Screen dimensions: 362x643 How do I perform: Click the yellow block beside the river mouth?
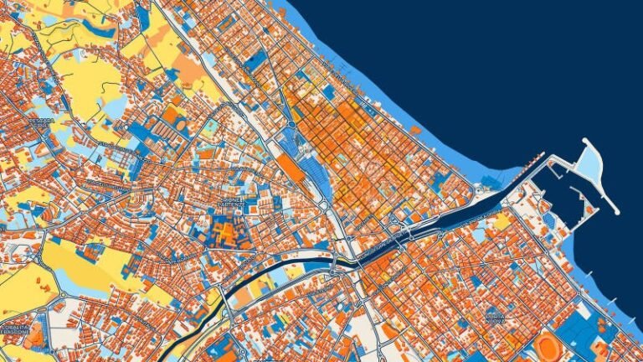point(502,220)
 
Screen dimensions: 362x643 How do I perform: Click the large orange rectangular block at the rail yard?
point(291,166)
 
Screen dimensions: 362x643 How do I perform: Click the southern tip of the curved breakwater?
point(616,209)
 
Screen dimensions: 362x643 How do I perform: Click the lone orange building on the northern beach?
point(416,129)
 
